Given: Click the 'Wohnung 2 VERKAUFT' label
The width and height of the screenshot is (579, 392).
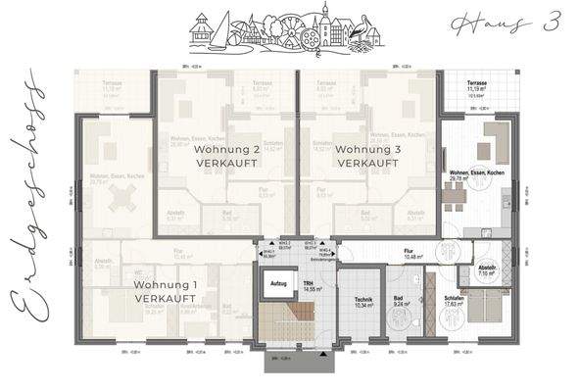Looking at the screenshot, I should pos(228,157).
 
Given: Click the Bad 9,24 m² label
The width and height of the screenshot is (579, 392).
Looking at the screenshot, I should pos(402,303).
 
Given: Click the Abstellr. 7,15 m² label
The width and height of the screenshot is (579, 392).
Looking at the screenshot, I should pos(487,273).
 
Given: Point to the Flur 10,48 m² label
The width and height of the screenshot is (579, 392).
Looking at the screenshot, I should pos(409,254).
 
